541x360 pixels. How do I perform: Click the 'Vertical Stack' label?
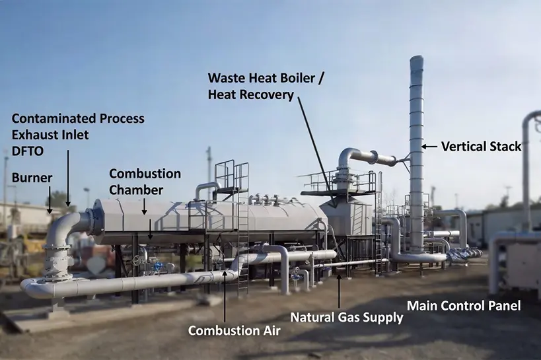[481, 147]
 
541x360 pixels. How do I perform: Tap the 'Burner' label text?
[32, 178]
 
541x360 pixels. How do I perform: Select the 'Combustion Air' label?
[234, 331]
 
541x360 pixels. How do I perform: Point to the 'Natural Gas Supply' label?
[347, 317]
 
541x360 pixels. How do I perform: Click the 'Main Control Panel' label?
[464, 306]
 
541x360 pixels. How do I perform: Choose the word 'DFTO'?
[28, 151]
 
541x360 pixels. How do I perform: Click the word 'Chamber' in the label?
[136, 190]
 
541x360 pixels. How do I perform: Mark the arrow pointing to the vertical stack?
[429, 147]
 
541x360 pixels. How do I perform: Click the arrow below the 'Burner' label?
[50, 200]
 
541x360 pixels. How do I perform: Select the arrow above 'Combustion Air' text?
[225, 297]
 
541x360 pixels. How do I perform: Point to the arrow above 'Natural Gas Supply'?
[339, 292]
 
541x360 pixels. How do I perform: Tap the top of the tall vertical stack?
[416, 57]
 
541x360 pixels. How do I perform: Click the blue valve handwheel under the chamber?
[159, 266]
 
